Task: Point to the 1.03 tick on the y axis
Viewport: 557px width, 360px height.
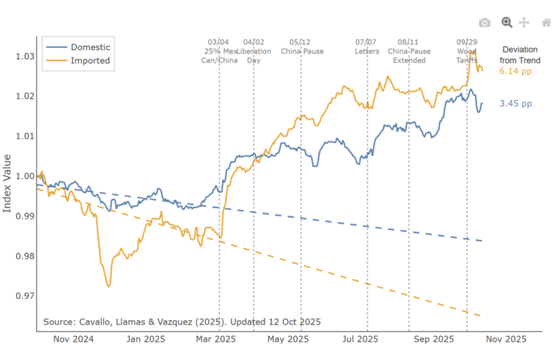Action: click(22, 57)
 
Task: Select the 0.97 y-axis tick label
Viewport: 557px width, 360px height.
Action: click(22, 296)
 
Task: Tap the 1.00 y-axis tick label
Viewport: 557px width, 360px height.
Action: click(22, 176)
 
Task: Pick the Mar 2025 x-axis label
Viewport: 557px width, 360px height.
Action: click(215, 339)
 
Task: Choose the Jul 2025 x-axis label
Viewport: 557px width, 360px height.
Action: click(360, 339)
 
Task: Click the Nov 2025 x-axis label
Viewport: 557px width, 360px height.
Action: click(506, 339)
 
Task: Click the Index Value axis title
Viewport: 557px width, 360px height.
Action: click(8, 183)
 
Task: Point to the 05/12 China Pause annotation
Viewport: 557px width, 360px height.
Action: click(302, 47)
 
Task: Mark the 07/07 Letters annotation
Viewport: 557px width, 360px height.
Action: click(367, 47)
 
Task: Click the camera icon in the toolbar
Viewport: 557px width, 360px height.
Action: click(484, 22)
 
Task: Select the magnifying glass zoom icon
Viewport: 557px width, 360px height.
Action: click(506, 22)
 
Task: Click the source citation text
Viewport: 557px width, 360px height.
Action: click(182, 321)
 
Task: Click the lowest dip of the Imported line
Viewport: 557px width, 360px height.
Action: click(108, 286)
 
